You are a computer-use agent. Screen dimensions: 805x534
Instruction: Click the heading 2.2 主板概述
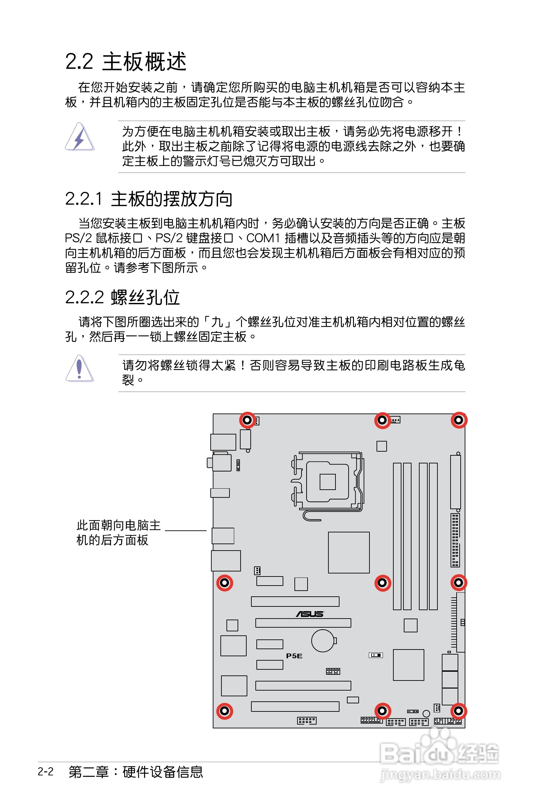point(126,62)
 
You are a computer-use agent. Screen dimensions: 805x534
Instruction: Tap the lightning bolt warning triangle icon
point(80,137)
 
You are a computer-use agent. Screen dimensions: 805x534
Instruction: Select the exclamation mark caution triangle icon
point(79,368)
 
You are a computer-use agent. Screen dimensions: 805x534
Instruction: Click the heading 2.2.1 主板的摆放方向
point(148,199)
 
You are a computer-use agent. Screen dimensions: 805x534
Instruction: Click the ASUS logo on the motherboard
point(310,614)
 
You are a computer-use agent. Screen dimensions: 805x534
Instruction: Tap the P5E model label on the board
point(294,656)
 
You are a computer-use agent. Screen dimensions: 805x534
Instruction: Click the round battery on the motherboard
point(322,640)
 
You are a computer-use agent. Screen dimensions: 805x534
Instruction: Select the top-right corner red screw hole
point(459,420)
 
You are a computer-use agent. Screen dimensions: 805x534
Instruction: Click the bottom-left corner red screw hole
point(224,711)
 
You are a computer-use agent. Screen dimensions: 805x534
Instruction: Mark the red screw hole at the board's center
point(383,583)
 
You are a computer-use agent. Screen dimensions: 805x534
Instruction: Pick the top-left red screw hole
point(247,420)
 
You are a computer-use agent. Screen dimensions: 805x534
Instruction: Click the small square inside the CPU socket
point(328,482)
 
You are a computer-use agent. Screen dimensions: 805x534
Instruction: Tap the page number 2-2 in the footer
point(46,772)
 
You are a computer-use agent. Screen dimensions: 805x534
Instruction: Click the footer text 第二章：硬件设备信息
point(136,772)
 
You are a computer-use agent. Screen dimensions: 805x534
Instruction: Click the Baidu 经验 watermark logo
point(440,756)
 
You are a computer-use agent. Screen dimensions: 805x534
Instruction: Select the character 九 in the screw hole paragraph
point(217,322)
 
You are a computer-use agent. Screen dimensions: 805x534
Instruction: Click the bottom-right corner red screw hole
point(459,711)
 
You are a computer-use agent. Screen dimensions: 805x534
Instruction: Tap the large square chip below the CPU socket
point(348,552)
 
